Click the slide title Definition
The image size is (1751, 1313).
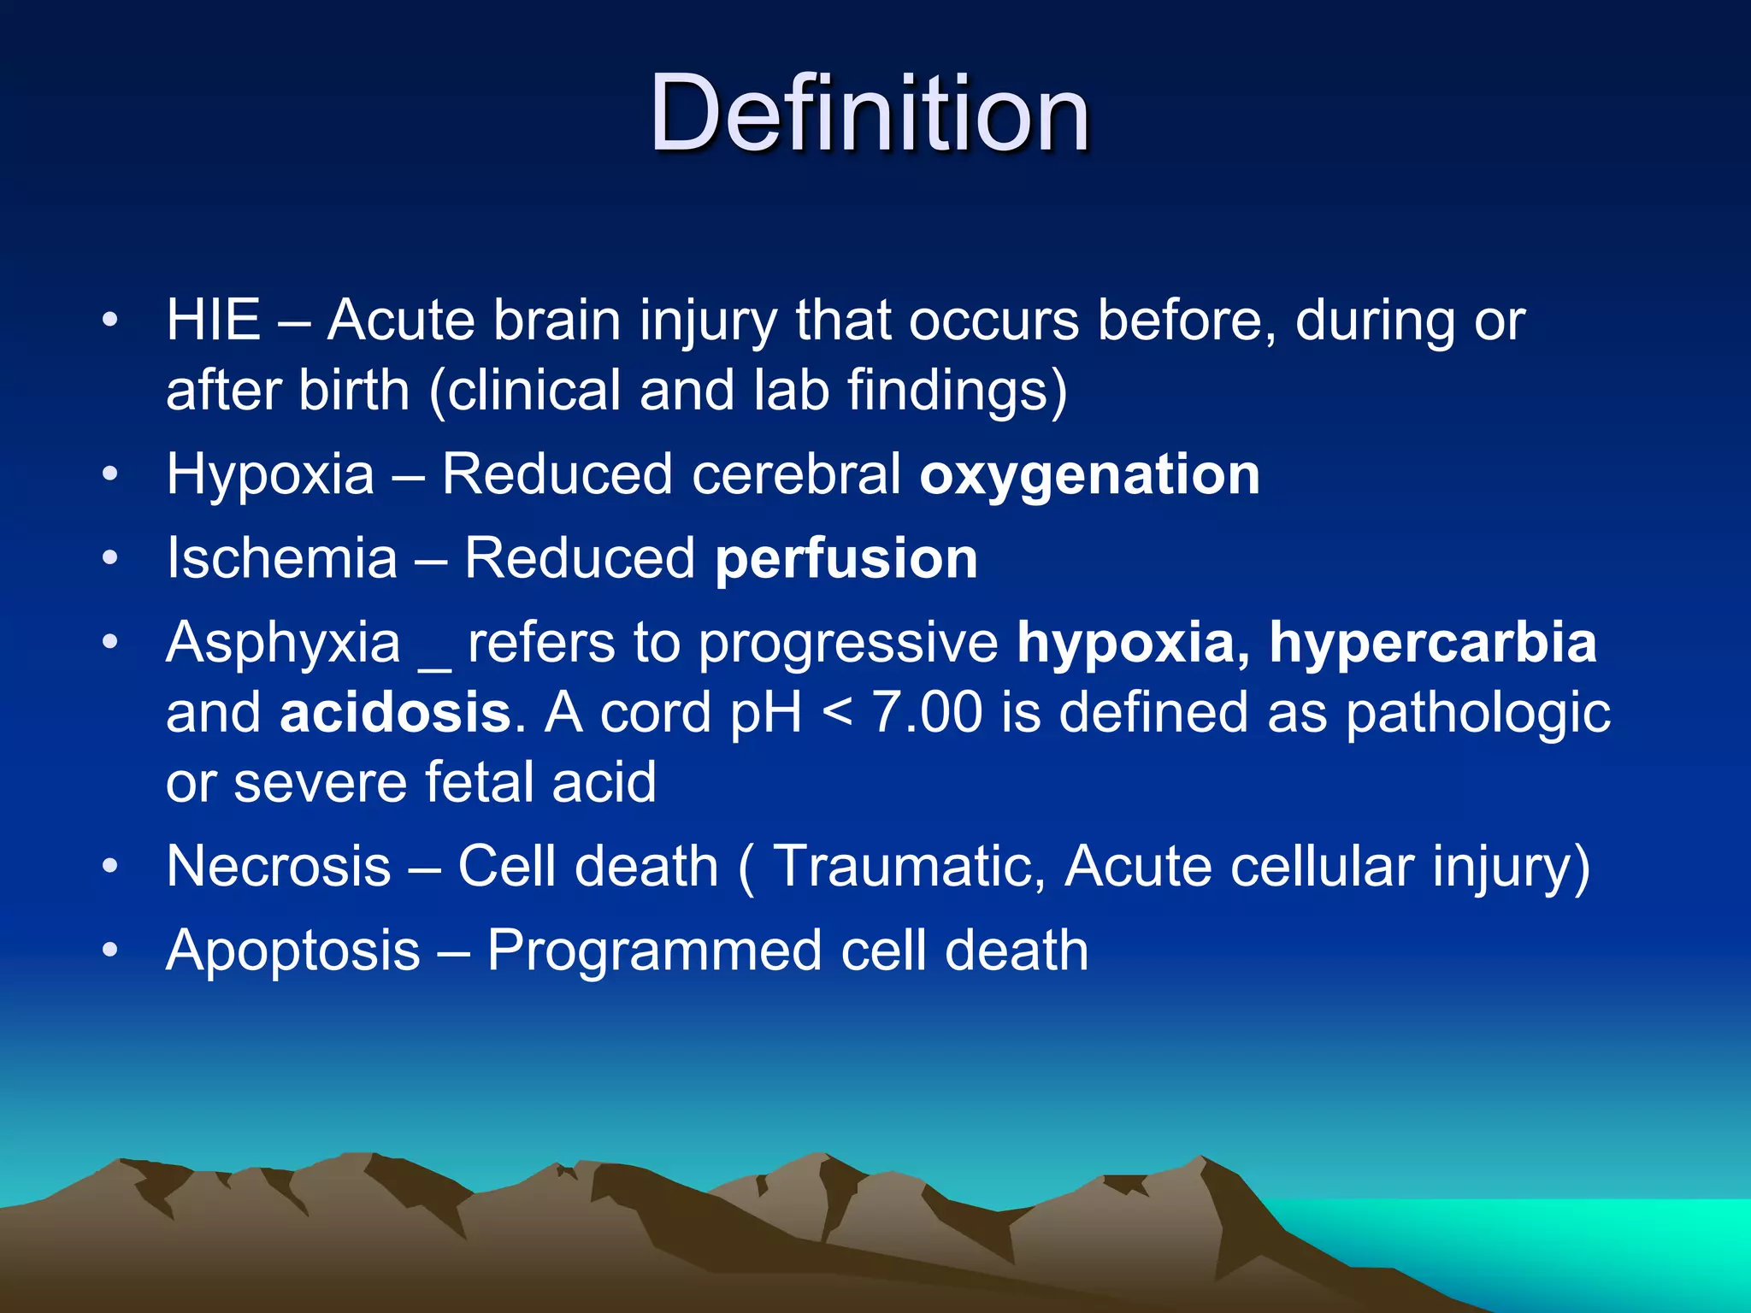[x=869, y=113]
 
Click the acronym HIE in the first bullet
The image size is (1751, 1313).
[x=213, y=321]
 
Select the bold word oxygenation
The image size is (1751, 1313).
[x=1089, y=474]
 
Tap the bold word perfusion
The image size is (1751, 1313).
[x=846, y=559]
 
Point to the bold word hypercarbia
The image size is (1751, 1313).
[x=1433, y=643]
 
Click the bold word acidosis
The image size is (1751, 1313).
[x=395, y=713]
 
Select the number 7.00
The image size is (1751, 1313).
[x=927, y=713]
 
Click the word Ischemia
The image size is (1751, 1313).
[x=282, y=559]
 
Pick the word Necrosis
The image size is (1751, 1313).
[x=279, y=867]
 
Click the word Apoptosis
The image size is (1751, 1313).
[x=293, y=952]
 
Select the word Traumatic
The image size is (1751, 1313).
[x=908, y=867]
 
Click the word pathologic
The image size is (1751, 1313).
[x=1478, y=715]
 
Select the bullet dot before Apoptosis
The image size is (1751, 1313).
[x=109, y=951]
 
